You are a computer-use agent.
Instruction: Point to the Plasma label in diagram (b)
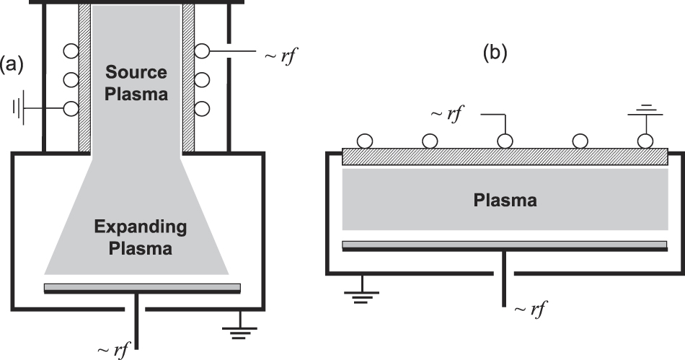point(505,201)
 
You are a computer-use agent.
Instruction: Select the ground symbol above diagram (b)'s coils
point(645,112)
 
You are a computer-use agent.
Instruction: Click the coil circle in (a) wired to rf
point(203,52)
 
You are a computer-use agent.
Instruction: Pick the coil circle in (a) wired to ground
point(71,108)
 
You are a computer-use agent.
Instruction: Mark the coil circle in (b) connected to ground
point(645,140)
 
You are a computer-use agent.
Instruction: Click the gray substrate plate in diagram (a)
point(142,287)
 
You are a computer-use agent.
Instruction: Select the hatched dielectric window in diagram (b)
point(505,156)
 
